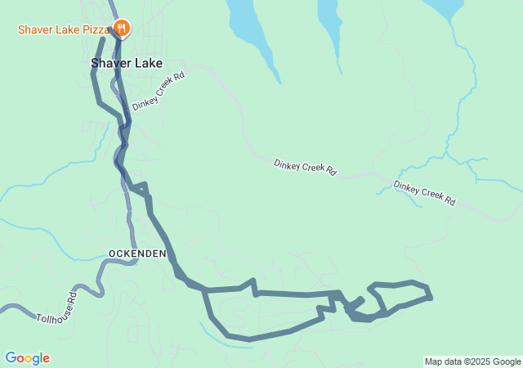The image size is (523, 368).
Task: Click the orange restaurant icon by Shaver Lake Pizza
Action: point(121,28)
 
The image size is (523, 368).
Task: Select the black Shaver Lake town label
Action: point(126,63)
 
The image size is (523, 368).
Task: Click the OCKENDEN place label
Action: point(137,254)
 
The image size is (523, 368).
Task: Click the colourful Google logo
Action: point(27,358)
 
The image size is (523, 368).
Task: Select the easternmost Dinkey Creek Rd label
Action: point(423,192)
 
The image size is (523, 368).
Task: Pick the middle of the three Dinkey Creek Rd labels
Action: point(305,168)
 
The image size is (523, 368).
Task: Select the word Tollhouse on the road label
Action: point(51,312)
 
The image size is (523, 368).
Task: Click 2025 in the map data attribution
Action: point(479,361)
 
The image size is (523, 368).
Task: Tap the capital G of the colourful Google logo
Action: point(11,358)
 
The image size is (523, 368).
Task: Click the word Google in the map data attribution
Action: point(506,361)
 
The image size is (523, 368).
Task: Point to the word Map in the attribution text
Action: point(433,361)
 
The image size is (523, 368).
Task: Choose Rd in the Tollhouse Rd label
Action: point(73,295)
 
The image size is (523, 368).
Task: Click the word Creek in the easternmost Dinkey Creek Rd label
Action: point(425,193)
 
